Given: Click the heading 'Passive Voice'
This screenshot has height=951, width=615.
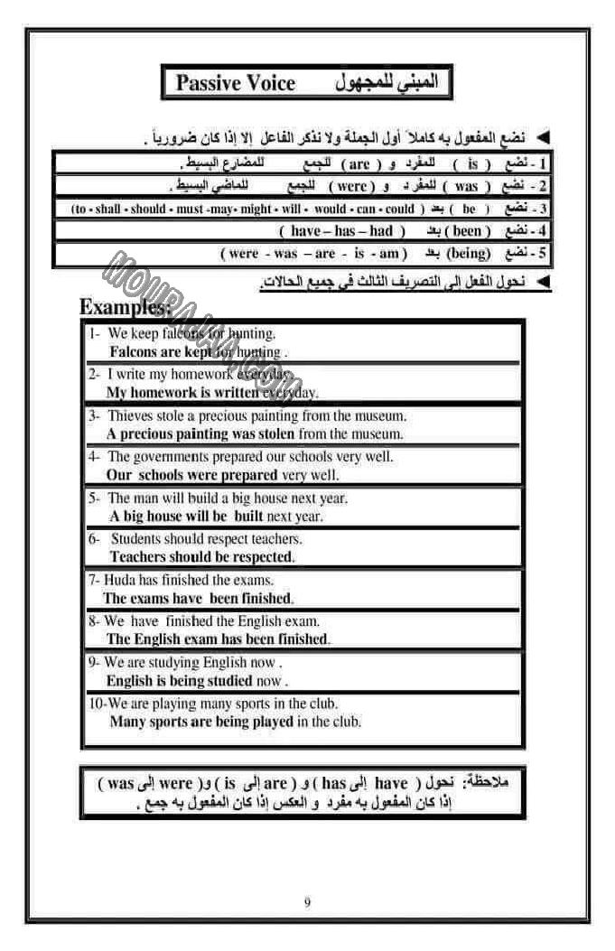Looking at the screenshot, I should [235, 84].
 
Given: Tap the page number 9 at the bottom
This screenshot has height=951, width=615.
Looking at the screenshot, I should [307, 901].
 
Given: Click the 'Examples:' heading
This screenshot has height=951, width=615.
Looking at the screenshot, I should [125, 307].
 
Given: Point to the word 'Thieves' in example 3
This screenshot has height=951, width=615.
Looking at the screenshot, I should [132, 416].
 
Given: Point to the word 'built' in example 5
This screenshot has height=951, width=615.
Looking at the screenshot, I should [247, 517].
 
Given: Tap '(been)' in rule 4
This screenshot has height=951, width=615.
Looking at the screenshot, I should [467, 231].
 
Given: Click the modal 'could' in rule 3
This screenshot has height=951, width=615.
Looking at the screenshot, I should [400, 209].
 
